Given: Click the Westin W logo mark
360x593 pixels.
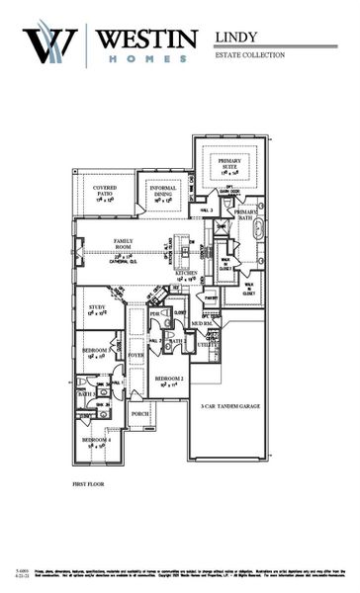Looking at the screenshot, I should pos(50,44).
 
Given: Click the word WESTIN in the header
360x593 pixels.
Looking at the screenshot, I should pos(146,38).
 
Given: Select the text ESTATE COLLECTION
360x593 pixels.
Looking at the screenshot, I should pos(249,55).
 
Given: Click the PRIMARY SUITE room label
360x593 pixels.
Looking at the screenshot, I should pos(229,165).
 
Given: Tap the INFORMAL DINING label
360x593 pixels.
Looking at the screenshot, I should pos(162,191).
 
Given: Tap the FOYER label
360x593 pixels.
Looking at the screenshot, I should pos(135,354).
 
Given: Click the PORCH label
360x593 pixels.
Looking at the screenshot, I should pos(139,414).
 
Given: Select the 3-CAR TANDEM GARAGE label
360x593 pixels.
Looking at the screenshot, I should pos(228,405).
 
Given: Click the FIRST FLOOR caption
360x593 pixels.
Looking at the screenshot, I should pos(87,485).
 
